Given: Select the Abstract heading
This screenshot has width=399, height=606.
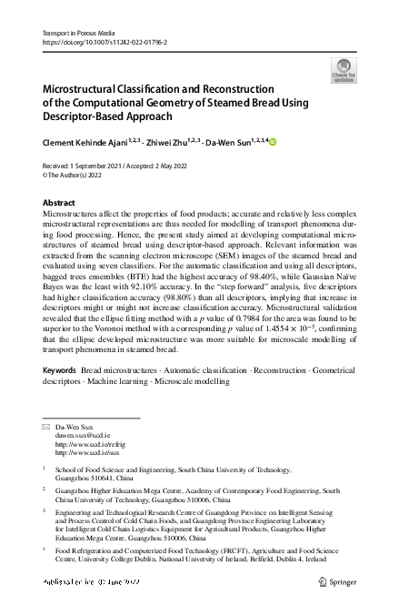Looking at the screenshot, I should coord(60,202).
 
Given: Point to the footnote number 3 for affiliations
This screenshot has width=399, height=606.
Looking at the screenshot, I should coord(45,511).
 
